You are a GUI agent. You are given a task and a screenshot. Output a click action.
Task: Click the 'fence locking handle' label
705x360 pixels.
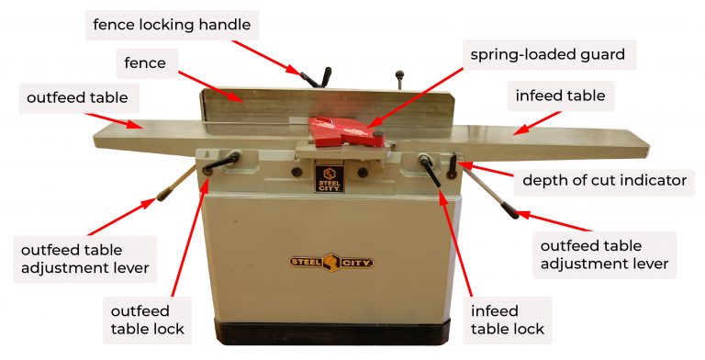tap(171, 23)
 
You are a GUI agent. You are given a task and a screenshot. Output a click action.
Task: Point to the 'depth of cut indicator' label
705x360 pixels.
tap(604, 180)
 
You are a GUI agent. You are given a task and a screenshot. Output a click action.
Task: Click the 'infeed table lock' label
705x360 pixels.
tap(507, 319)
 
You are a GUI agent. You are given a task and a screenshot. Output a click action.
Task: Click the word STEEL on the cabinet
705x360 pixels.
tap(307, 260)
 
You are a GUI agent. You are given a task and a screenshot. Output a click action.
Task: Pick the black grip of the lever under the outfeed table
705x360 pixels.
tap(166, 193)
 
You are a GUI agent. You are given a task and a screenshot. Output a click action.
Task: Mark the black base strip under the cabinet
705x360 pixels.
tap(332, 333)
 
